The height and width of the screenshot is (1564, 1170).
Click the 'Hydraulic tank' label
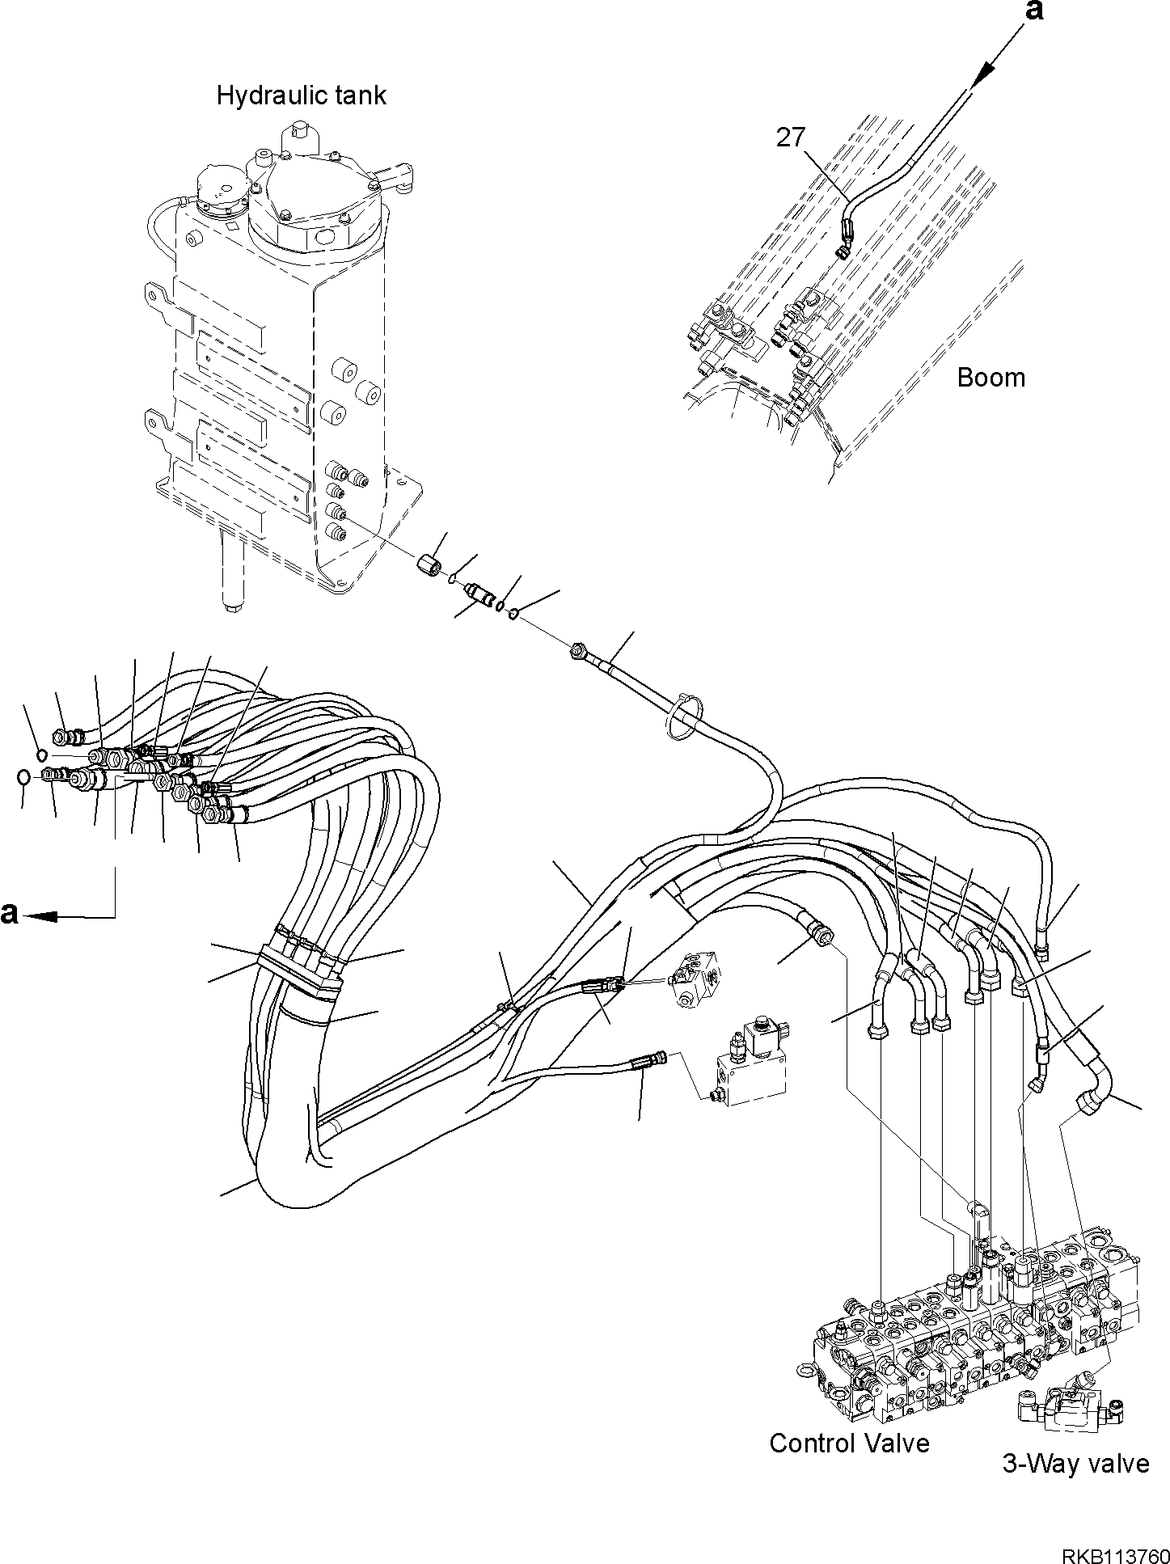[x=301, y=96]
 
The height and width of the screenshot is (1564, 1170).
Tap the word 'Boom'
[x=990, y=378]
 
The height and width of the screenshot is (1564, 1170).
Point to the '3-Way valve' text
[x=1075, y=1463]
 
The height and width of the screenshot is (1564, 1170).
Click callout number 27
[x=791, y=137]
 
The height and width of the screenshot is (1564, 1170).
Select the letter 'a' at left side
[x=9, y=912]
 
